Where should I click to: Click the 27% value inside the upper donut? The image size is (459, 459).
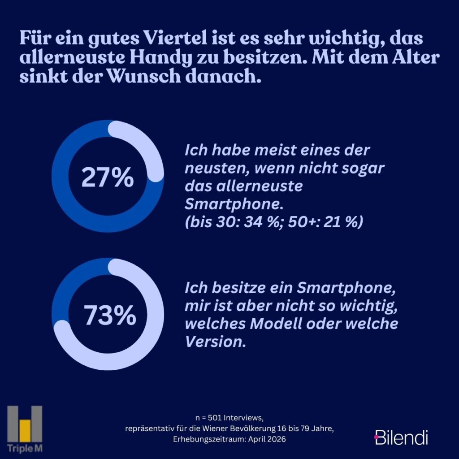(x=107, y=178)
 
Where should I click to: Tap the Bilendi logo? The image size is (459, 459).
(x=401, y=437)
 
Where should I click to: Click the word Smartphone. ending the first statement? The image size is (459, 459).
(x=234, y=204)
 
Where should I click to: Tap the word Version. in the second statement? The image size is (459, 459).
(x=216, y=342)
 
